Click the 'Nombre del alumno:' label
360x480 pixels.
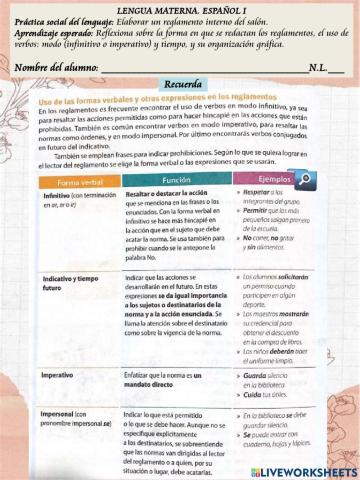[56, 67]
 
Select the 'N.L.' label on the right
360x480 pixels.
[319, 67]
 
